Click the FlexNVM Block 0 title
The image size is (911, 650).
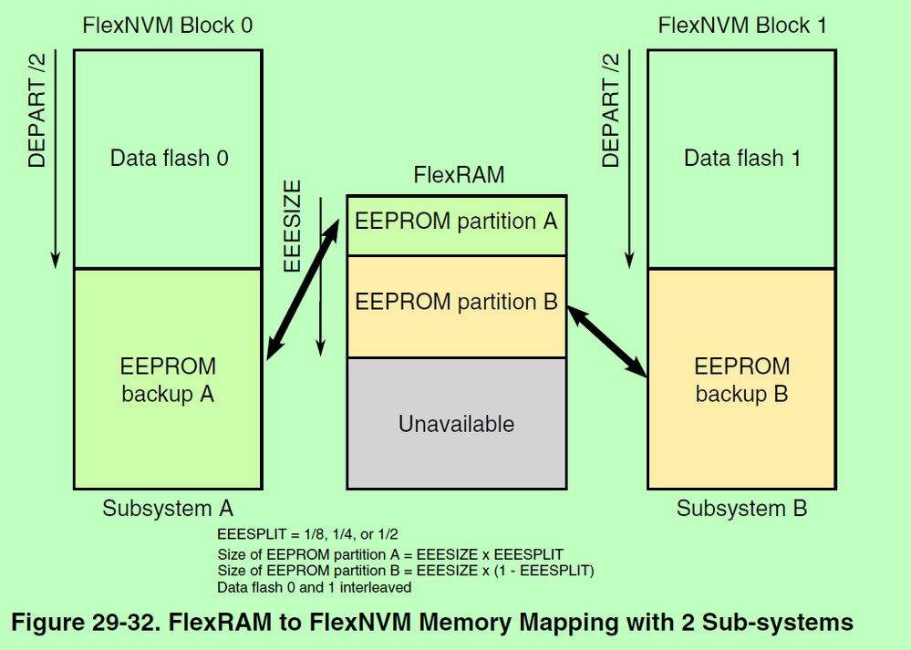pos(167,25)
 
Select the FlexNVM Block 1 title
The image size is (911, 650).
pos(741,25)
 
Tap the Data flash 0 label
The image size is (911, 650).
pos(169,158)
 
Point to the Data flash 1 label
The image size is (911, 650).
pos(742,158)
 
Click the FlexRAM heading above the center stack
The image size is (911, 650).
pos(459,175)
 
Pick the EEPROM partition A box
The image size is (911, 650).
pos(456,222)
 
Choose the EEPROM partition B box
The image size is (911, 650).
pos(456,303)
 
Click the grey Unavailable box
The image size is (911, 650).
pos(456,423)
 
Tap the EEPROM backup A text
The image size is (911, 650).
pos(169,380)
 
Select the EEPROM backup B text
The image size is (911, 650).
pos(742,380)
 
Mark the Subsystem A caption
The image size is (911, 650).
pos(168,508)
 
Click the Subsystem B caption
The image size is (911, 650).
pos(741,508)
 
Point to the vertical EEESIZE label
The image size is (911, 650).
pos(293,226)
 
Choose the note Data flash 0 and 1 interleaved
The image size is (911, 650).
pos(314,587)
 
